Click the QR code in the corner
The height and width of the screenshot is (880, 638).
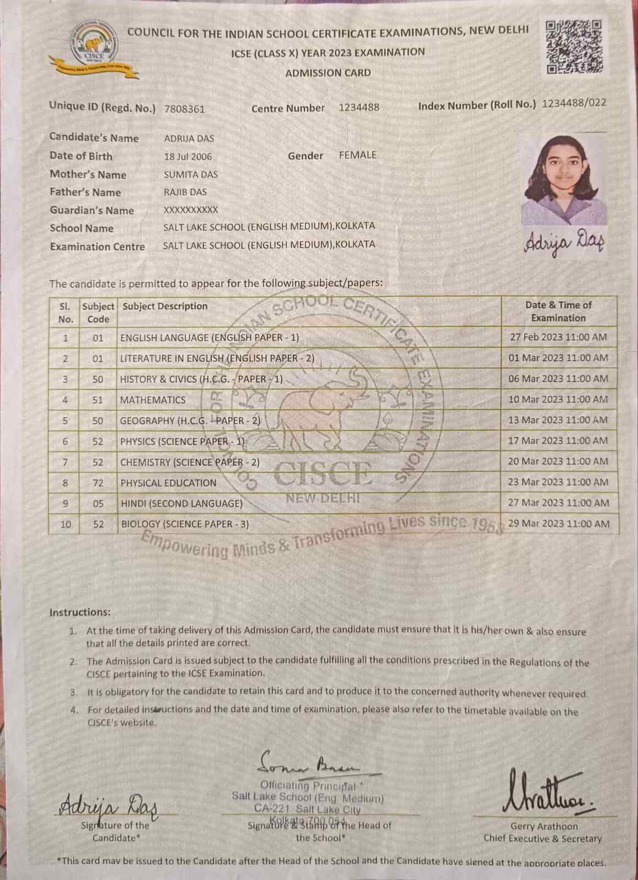(x=574, y=47)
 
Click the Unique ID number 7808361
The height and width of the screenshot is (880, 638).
(x=184, y=109)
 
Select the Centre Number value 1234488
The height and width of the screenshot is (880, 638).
(x=359, y=107)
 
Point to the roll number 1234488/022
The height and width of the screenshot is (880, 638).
(x=574, y=103)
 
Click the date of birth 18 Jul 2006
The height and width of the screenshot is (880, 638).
(x=188, y=157)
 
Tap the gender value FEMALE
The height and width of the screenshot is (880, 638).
(x=358, y=155)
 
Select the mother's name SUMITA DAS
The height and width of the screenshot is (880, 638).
(x=190, y=175)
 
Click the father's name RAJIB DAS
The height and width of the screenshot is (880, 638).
(x=185, y=193)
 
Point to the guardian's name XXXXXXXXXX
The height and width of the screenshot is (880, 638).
(x=190, y=210)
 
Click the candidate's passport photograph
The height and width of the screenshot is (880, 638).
(x=564, y=179)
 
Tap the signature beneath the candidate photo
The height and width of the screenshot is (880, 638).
(x=564, y=241)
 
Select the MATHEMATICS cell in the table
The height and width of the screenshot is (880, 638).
(x=153, y=400)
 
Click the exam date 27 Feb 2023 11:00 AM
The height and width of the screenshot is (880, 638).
(x=558, y=337)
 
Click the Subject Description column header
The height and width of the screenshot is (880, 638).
(x=165, y=306)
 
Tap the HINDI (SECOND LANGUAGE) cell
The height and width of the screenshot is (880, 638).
(x=182, y=504)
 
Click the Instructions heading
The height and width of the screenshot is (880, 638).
(x=80, y=612)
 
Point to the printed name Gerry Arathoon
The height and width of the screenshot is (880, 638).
(x=544, y=826)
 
